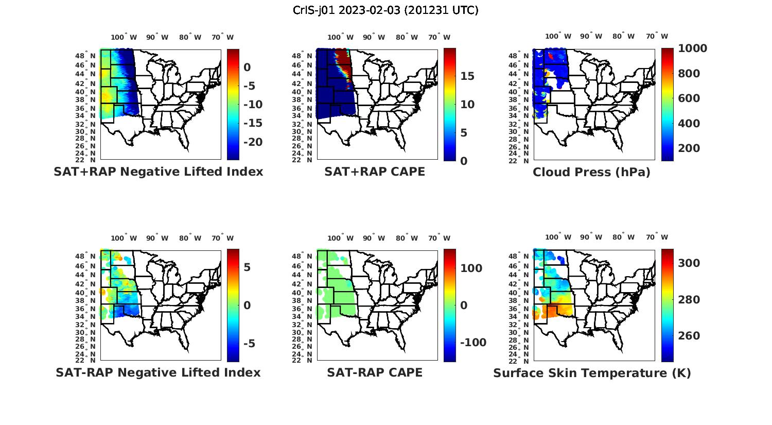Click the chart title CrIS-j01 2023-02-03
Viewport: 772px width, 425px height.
click(385, 10)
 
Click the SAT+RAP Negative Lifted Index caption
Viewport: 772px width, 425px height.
click(159, 172)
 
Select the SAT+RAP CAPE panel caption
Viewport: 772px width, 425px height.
click(375, 172)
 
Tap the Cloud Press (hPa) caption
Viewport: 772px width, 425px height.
click(591, 172)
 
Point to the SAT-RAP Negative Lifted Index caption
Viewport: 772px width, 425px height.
click(158, 372)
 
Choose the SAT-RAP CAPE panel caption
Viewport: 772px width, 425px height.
click(375, 372)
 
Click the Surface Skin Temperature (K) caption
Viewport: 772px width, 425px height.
click(592, 373)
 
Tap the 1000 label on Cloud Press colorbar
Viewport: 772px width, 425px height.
click(692, 48)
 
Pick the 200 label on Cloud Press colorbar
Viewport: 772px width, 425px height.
click(689, 148)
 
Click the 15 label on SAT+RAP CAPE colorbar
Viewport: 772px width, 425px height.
click(467, 76)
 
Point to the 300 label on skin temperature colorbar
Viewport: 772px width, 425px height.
click(689, 263)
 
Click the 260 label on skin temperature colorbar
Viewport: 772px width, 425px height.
click(689, 336)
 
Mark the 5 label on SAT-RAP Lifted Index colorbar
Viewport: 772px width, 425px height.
click(247, 267)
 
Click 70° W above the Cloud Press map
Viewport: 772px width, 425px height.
click(657, 36)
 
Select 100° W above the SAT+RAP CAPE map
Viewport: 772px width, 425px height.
click(340, 37)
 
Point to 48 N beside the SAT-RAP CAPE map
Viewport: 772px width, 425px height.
click(305, 256)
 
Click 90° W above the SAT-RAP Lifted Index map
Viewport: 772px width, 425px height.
click(157, 238)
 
